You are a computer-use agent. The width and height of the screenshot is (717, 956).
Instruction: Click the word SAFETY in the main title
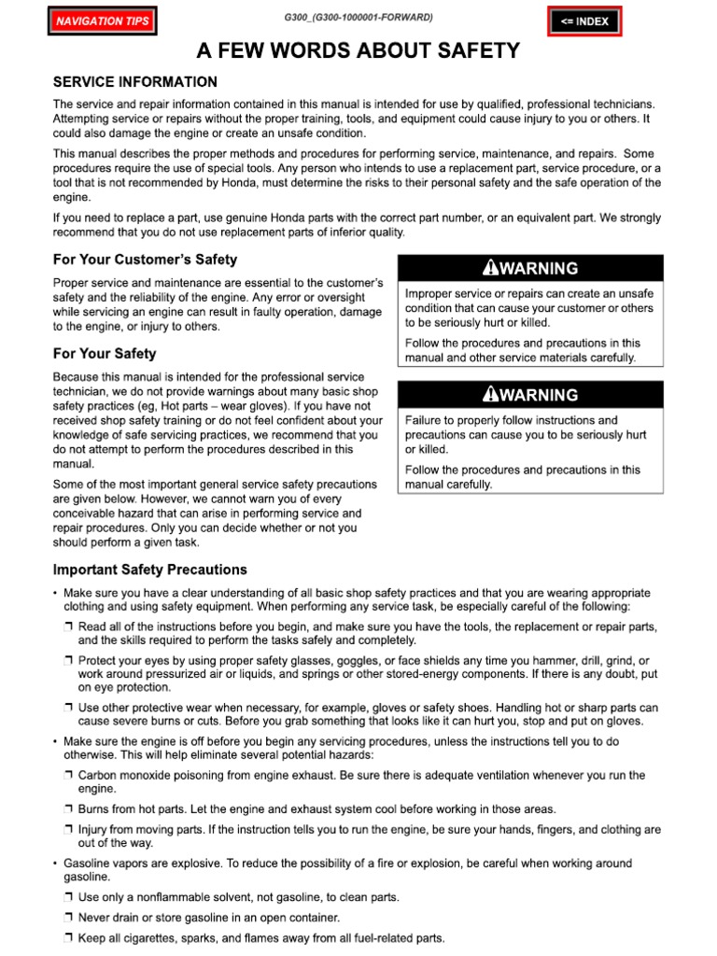pyautogui.click(x=475, y=51)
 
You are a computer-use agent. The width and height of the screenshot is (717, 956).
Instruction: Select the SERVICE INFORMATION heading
pyautogui.click(x=135, y=82)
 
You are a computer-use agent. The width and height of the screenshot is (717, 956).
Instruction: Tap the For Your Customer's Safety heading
pyautogui.click(x=145, y=260)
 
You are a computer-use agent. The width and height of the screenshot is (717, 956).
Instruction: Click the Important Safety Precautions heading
pyautogui.click(x=150, y=569)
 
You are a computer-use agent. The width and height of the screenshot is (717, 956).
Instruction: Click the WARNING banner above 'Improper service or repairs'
pyautogui.click(x=530, y=268)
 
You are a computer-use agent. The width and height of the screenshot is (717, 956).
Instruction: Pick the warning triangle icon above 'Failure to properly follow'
pyautogui.click(x=489, y=395)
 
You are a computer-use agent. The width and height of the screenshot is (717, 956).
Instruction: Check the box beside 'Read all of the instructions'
pyautogui.click(x=70, y=626)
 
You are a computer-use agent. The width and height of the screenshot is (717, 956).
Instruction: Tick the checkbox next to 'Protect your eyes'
pyautogui.click(x=70, y=661)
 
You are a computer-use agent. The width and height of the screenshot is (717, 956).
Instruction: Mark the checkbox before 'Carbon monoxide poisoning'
pyautogui.click(x=70, y=776)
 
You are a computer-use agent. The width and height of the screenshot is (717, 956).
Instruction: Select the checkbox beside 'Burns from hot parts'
pyautogui.click(x=70, y=809)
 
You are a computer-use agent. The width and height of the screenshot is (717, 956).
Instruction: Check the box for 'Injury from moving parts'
pyautogui.click(x=70, y=830)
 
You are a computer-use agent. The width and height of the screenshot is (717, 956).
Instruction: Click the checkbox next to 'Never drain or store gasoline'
pyautogui.click(x=70, y=918)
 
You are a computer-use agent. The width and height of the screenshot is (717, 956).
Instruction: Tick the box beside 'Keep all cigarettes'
pyautogui.click(x=70, y=938)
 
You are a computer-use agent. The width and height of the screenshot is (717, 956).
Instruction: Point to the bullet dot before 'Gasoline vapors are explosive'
pyautogui.click(x=55, y=865)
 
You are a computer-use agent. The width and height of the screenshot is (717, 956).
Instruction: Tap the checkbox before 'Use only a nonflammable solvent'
pyautogui.click(x=70, y=897)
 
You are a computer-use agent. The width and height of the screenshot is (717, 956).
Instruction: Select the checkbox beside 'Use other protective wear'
pyautogui.click(x=70, y=709)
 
